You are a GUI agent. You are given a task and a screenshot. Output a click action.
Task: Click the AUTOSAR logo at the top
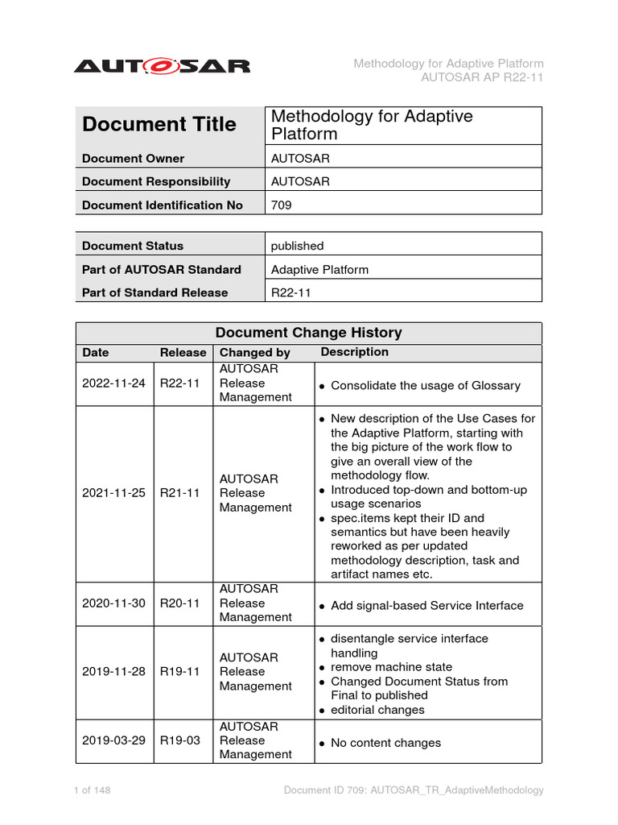point(162,65)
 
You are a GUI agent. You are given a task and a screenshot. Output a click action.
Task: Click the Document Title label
point(159,125)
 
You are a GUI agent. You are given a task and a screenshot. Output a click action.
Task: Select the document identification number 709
point(282,205)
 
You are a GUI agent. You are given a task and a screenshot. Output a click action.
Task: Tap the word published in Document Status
point(297,246)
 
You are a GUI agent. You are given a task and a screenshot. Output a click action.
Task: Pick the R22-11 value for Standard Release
point(290,292)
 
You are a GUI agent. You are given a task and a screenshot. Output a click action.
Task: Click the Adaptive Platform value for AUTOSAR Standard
point(319,269)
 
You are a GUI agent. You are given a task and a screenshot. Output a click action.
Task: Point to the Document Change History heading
point(308,333)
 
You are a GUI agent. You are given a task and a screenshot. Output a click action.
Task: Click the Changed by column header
point(255,353)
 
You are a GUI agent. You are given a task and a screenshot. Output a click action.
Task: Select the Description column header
point(354,352)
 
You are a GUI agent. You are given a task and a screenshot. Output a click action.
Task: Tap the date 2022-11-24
point(113,383)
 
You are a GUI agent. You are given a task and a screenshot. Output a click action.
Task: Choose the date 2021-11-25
point(113,493)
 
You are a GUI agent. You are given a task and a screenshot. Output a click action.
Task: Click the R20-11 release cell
point(179,603)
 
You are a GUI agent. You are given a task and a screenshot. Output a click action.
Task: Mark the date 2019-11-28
point(113,672)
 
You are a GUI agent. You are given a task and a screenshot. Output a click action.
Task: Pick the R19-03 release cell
point(179,740)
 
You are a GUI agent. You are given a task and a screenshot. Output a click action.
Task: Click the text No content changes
point(385,743)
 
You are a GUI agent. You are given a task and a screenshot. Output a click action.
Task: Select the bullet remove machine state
point(391,667)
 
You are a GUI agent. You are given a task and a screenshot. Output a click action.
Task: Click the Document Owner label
point(133,159)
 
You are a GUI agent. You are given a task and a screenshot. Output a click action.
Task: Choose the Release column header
point(183,353)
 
